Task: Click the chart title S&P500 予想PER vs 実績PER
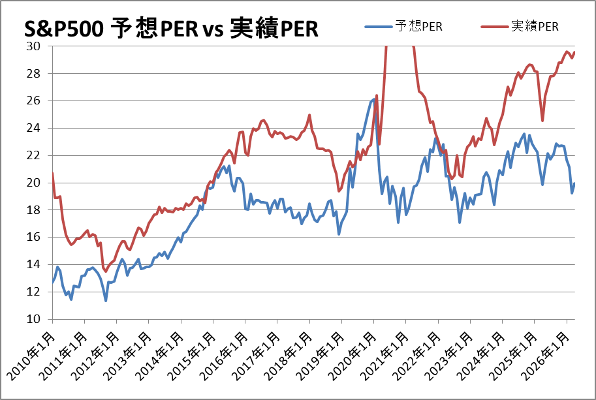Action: click(171, 28)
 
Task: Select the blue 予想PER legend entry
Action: click(403, 26)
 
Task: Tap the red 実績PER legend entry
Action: click(520, 26)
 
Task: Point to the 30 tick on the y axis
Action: click(33, 46)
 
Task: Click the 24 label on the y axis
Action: click(33, 128)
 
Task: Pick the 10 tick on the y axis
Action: click(33, 319)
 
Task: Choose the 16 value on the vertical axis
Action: click(33, 237)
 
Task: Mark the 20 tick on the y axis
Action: click(33, 182)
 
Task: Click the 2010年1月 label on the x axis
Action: click(31, 356)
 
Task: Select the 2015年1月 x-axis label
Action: click(192, 356)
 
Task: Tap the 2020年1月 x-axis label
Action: click(353, 356)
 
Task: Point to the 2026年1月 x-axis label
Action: click(545, 356)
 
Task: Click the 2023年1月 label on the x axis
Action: click(449, 356)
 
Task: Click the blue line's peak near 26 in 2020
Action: click(375, 100)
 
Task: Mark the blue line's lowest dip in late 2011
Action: click(106, 301)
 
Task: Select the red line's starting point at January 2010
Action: click(52, 173)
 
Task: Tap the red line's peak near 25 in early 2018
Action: click(309, 115)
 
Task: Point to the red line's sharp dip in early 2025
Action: click(542, 121)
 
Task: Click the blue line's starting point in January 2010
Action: click(52, 283)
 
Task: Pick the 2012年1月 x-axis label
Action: click(96, 356)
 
